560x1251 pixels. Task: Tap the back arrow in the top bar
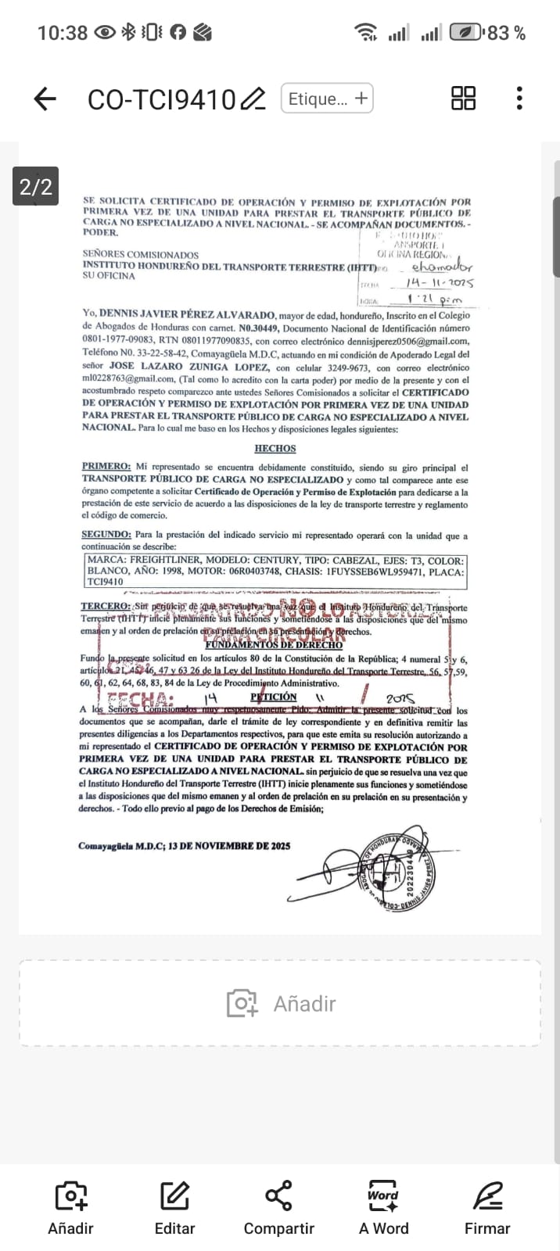tap(45, 99)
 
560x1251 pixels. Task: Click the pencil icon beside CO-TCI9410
tap(253, 99)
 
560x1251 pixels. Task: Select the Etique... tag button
tap(327, 99)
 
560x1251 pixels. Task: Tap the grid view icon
tap(464, 99)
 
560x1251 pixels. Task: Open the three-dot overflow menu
tap(519, 99)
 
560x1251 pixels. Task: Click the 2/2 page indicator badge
tap(36, 187)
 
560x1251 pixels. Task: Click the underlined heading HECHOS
tap(275, 449)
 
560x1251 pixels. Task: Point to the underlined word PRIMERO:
tap(106, 467)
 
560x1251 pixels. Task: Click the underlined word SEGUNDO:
tap(106, 535)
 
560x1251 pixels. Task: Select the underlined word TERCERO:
tap(106, 607)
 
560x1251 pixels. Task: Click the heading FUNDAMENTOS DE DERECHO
tap(274, 645)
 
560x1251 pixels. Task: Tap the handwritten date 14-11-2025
tap(440, 283)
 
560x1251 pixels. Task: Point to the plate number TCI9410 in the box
tap(106, 582)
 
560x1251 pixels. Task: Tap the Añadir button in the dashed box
tap(280, 1003)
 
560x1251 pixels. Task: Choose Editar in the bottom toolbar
tap(174, 1208)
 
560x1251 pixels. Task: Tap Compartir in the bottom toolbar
tap(279, 1208)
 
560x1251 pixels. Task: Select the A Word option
tap(383, 1208)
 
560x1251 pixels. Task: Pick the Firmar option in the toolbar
tap(487, 1208)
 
